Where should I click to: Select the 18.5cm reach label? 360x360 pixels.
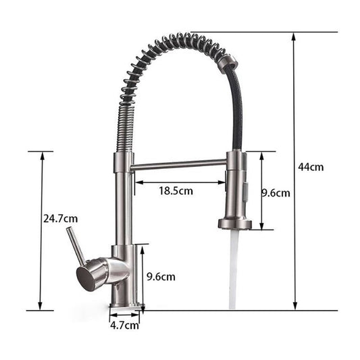point(176,190)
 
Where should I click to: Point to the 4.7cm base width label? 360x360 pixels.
point(124,325)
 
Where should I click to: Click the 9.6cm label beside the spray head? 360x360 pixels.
point(276,192)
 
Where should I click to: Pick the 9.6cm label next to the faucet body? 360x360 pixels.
point(161,276)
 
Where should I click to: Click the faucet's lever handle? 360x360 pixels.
point(75,246)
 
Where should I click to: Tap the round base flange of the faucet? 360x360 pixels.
point(126,306)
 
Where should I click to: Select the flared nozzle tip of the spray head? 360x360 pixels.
point(234,223)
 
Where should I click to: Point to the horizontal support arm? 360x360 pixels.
point(179,164)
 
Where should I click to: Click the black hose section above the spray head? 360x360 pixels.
point(237,115)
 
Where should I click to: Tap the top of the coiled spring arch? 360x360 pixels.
point(179,41)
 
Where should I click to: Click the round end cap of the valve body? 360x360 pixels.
point(87,277)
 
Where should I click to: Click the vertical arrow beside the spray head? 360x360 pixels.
point(259,190)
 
